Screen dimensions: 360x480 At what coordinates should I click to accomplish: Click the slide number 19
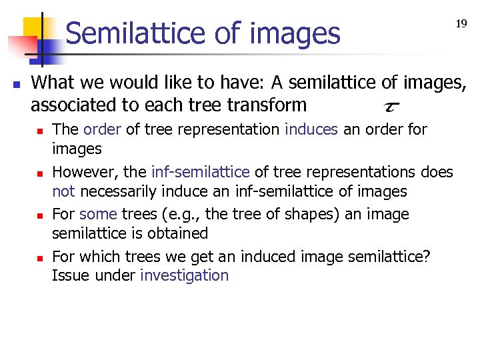(461, 24)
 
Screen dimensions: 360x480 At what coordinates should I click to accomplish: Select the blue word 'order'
(103, 129)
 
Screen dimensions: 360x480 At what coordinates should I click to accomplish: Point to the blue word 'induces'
(311, 129)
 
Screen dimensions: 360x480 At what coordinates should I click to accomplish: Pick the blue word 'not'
(63, 192)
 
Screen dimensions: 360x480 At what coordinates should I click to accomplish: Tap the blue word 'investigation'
(184, 275)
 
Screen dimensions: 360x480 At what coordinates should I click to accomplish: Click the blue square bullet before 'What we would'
(16, 85)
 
